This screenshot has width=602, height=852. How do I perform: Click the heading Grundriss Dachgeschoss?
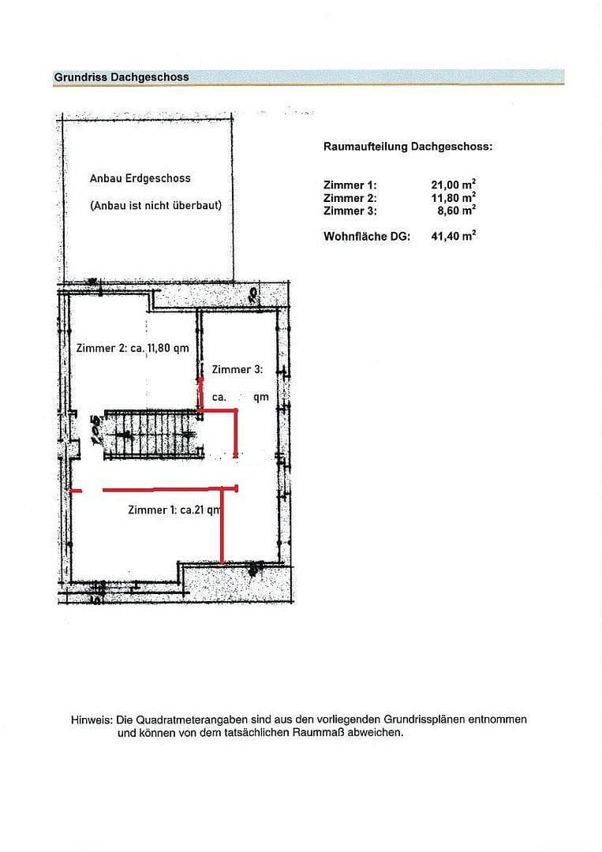pos(122,77)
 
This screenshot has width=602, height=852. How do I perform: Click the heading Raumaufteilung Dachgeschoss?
pos(408,147)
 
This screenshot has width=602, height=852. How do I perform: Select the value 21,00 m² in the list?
pos(453,185)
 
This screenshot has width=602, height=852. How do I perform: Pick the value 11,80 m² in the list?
pos(453,198)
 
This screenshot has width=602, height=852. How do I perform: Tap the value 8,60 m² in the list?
pos(456,211)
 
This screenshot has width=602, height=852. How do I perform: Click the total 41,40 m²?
pos(453,236)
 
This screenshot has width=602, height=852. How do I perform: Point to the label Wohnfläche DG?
pos(367,236)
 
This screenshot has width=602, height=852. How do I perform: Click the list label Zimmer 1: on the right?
pos(350,185)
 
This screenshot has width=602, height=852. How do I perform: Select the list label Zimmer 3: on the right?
pos(350,211)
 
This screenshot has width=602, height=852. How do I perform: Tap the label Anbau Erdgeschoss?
pos(140,178)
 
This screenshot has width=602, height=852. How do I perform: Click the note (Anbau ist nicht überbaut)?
pos(155,205)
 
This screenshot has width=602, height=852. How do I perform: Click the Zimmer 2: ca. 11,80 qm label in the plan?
pos(132,348)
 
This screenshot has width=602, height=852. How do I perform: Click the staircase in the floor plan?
pos(151,433)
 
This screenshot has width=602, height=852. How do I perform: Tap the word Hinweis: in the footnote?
pos(92,719)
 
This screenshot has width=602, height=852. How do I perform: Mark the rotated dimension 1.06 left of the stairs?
pos(95,431)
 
